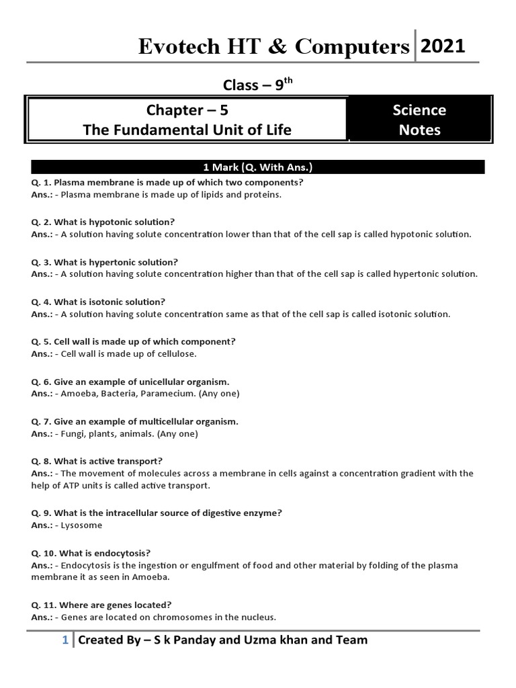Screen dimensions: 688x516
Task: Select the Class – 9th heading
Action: pos(258,84)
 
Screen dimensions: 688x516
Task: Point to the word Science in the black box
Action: pos(419,110)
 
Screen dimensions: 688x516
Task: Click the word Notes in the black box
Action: pos(419,130)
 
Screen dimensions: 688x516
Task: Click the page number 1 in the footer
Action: pos(64,640)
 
